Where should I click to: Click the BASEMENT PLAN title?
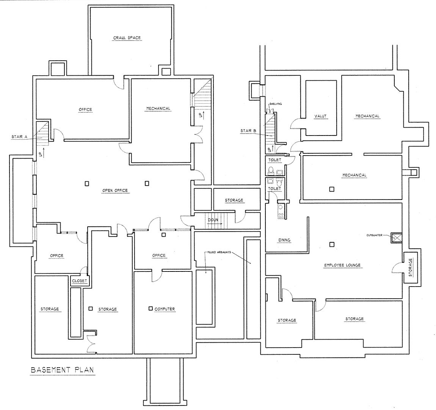(x=62, y=370)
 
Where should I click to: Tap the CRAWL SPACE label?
(x=127, y=38)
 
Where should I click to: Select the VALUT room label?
(x=320, y=116)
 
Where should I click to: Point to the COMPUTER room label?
(x=165, y=309)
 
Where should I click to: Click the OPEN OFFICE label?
(x=115, y=190)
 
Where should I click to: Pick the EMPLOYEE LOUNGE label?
(x=342, y=265)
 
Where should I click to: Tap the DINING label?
(x=284, y=240)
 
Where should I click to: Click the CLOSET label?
(x=80, y=281)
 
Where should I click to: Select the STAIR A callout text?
(x=19, y=137)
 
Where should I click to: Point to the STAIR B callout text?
(x=248, y=131)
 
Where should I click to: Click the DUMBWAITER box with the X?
(x=396, y=238)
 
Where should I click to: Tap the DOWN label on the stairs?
(x=213, y=220)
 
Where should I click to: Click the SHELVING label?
(x=276, y=104)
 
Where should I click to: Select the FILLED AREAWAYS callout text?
(x=219, y=253)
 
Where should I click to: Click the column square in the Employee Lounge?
(x=332, y=245)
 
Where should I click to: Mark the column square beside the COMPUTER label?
(x=151, y=309)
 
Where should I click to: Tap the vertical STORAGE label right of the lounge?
(x=411, y=267)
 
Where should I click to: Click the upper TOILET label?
(x=275, y=160)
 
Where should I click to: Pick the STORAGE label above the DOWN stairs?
(x=234, y=200)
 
